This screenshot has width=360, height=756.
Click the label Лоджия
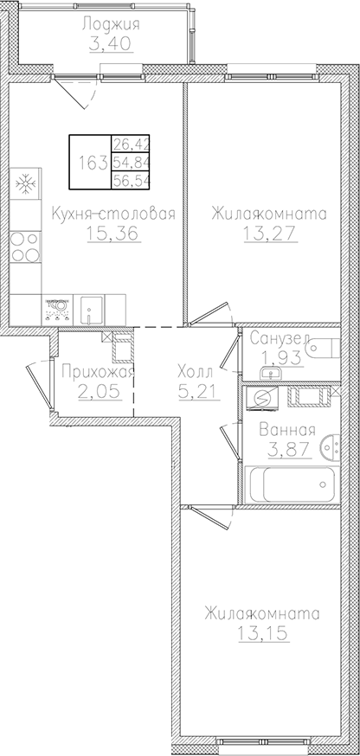pyautogui.click(x=111, y=24)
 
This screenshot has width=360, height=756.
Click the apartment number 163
pyautogui.click(x=90, y=162)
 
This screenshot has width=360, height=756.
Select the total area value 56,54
pyautogui.click(x=130, y=182)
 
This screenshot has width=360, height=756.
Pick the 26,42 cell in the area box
pyautogui.click(x=130, y=144)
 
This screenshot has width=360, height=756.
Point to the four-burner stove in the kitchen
pyautogui.click(x=24, y=246)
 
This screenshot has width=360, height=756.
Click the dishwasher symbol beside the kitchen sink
pyautogui.click(x=59, y=306)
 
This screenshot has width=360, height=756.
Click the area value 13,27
pyautogui.click(x=266, y=234)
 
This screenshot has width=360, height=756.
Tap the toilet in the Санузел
pyautogui.click(x=327, y=352)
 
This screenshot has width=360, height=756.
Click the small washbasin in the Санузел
pyautogui.click(x=272, y=373)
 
